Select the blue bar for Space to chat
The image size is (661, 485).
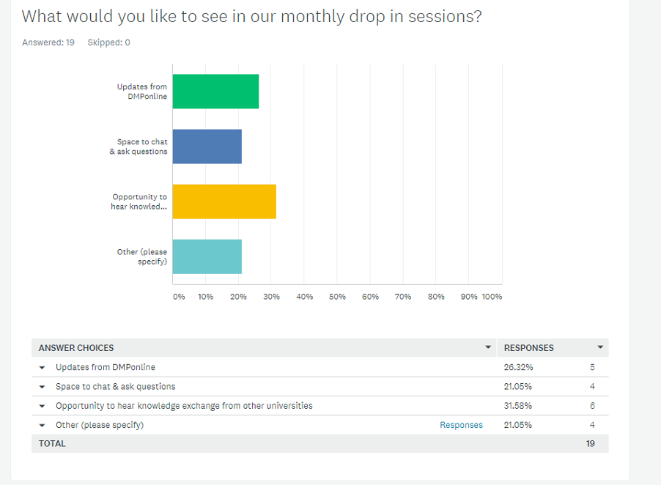[x=207, y=147]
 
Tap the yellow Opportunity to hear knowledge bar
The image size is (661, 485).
[x=224, y=201]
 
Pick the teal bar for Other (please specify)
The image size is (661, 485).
[x=207, y=256]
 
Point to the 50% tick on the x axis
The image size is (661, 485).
[x=337, y=297]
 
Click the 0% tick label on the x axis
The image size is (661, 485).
[x=179, y=297]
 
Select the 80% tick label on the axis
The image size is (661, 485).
[x=436, y=297]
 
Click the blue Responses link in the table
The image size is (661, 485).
[x=461, y=425]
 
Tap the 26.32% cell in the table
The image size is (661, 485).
[x=518, y=367]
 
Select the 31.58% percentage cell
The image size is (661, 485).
[x=518, y=406]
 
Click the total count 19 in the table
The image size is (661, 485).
[x=591, y=443]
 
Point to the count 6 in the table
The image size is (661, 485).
[x=592, y=406]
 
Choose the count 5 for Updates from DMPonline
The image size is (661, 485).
[x=592, y=367]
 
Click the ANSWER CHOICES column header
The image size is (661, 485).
[x=76, y=348]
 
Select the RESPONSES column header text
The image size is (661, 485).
[x=529, y=348]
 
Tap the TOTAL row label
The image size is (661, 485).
[x=52, y=443]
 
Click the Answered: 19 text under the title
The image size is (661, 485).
[x=48, y=42]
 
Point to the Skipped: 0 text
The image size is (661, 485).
[x=108, y=42]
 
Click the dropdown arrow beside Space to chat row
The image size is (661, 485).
[x=43, y=387]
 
